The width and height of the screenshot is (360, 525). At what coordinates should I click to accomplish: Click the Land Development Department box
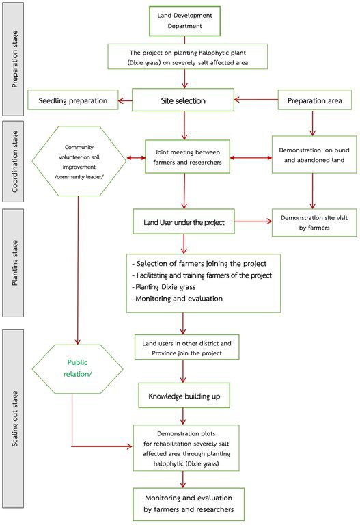click(x=184, y=21)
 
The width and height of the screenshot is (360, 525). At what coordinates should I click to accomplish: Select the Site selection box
click(x=183, y=100)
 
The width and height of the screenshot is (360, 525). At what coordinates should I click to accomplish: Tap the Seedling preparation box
click(x=73, y=100)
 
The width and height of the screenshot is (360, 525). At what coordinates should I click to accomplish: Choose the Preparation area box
click(x=315, y=100)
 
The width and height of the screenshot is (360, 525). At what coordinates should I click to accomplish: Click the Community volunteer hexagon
click(x=79, y=161)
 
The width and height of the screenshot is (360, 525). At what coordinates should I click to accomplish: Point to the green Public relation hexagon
click(x=78, y=369)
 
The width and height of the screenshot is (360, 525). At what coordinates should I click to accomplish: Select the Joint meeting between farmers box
click(x=187, y=157)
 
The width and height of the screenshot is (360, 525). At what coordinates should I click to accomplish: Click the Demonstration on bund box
click(x=314, y=154)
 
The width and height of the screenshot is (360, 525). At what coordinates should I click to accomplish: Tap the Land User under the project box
click(x=184, y=221)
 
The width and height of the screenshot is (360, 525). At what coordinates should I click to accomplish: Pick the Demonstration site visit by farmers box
click(x=314, y=223)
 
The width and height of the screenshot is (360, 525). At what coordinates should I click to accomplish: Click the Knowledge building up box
click(x=184, y=396)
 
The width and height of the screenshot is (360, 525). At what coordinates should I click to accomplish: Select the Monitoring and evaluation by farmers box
click(x=189, y=504)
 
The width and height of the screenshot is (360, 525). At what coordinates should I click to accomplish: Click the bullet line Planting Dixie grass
click(x=164, y=287)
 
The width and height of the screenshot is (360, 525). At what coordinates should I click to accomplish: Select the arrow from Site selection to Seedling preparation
click(x=126, y=100)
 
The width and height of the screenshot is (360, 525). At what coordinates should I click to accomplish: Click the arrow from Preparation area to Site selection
click(x=256, y=100)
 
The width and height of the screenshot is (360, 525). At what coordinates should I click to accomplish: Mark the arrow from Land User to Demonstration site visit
click(x=253, y=221)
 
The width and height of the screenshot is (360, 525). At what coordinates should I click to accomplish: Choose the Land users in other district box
click(x=186, y=347)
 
